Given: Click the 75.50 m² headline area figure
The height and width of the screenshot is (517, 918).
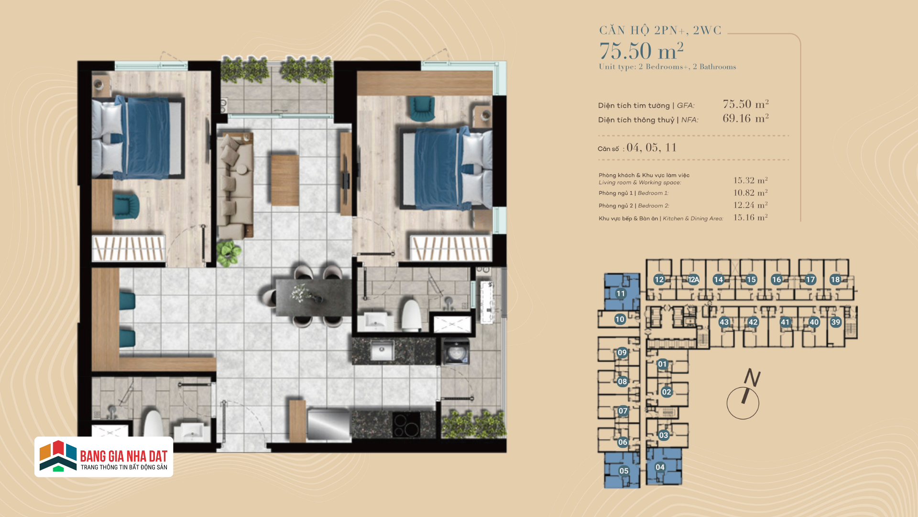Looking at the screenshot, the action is point(642,51).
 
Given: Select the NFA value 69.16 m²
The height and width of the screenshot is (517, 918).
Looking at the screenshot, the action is point(745,118).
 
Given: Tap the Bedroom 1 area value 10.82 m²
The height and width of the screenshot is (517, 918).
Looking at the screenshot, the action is point(751,192).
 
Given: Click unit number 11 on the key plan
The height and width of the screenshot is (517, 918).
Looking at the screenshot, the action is point(621,293).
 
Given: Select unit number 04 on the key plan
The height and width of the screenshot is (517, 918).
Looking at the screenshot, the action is point(660,467).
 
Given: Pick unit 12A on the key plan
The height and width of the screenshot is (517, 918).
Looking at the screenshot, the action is point(693,280).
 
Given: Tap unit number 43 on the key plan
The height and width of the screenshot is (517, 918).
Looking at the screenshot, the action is point(724,322).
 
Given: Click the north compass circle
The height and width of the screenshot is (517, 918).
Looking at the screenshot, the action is point(743,404).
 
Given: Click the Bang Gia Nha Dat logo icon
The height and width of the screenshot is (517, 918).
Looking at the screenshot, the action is point(58,456).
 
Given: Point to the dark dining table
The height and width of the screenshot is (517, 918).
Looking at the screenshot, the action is point(314,298).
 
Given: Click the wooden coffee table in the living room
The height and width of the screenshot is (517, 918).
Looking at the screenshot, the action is point(285,180).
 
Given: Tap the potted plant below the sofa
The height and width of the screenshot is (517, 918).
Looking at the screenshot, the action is point(229,253).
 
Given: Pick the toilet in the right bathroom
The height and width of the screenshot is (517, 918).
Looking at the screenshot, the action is point(411,315).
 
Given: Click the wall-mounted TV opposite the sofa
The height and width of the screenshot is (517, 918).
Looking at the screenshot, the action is point(346,174).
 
